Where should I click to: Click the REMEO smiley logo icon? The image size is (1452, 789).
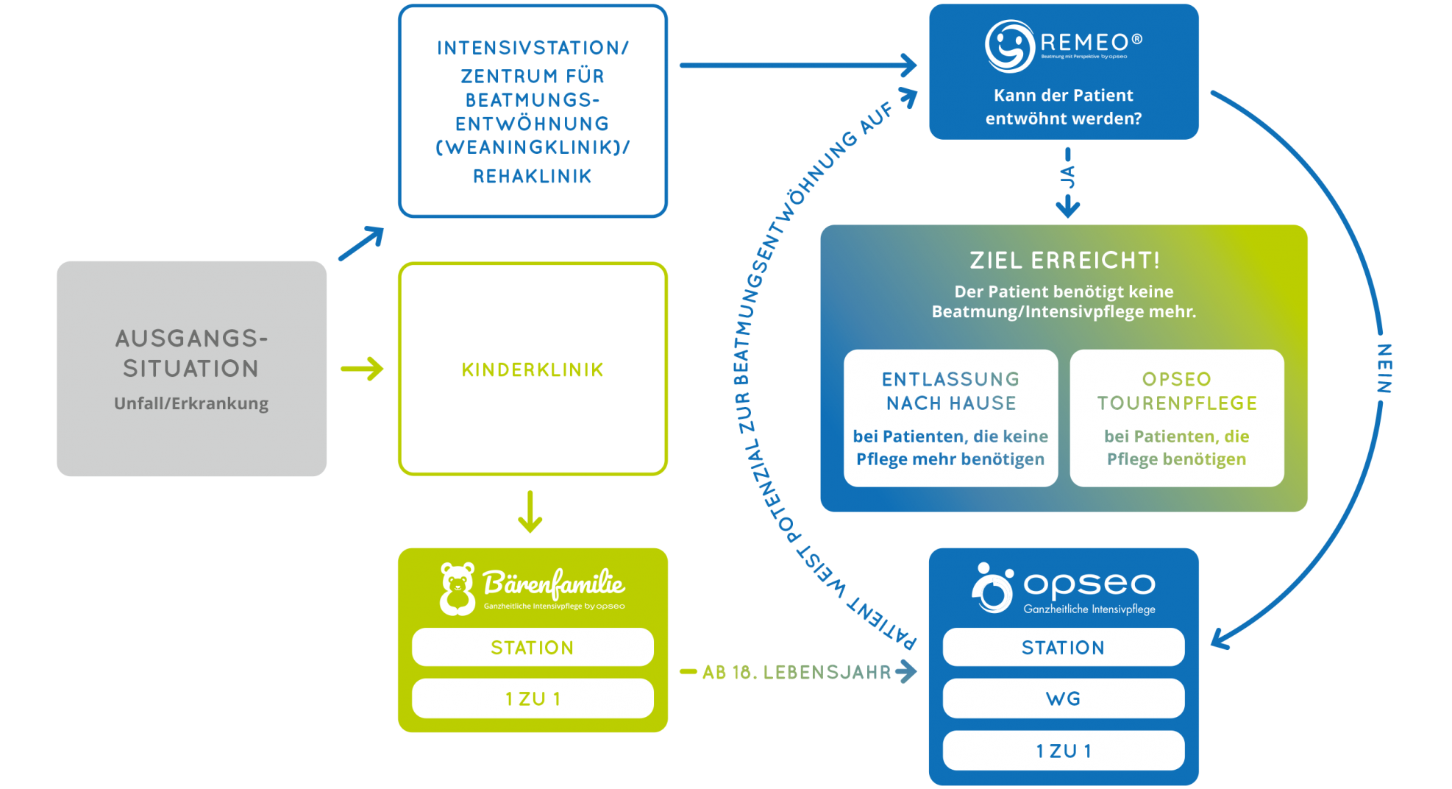pyautogui.click(x=1009, y=46)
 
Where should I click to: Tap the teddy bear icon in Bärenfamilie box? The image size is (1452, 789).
pyautogui.click(x=457, y=589)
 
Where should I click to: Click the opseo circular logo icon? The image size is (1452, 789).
pyautogui.click(x=992, y=589)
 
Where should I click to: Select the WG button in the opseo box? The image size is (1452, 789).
pyautogui.click(x=1063, y=698)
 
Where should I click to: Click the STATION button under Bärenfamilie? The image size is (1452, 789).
pyautogui.click(x=532, y=648)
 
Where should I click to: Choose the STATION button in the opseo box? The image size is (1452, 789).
pyautogui.click(x=1063, y=648)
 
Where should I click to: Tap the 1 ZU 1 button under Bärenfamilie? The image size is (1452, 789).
pyautogui.click(x=532, y=698)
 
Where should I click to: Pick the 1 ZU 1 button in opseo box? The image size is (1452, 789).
pyautogui.click(x=1063, y=751)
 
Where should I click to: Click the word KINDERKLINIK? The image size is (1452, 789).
pyautogui.click(x=532, y=369)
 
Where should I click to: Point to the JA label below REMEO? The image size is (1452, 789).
pyautogui.click(x=1067, y=177)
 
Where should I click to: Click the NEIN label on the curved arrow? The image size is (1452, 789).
pyautogui.click(x=1384, y=368)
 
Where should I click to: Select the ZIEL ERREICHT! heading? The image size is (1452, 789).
pyautogui.click(x=1064, y=261)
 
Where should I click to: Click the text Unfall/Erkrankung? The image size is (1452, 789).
pyautogui.click(x=191, y=403)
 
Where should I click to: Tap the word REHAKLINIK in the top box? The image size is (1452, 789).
pyautogui.click(x=532, y=177)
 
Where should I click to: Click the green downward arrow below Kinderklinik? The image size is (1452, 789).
pyautogui.click(x=530, y=512)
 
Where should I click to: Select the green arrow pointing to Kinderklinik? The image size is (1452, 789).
pyautogui.click(x=362, y=369)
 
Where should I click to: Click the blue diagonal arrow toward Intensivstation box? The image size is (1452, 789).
pyautogui.click(x=361, y=244)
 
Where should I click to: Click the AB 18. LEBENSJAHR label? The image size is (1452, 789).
pyautogui.click(x=796, y=672)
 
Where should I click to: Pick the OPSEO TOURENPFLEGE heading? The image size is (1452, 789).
pyautogui.click(x=1176, y=391)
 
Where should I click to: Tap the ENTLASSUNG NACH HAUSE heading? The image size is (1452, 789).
pyautogui.click(x=950, y=391)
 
